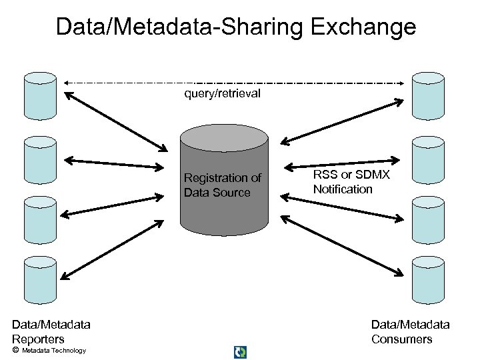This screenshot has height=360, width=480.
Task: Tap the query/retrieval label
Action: click(222, 93)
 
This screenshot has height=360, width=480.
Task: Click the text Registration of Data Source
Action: click(222, 185)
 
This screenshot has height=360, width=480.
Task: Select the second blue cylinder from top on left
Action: click(40, 160)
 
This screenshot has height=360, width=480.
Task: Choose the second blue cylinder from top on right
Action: click(428, 160)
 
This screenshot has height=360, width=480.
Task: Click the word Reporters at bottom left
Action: click(38, 339)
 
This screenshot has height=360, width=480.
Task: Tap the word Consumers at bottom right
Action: click(401, 339)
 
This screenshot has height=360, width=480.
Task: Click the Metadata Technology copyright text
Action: click(53, 351)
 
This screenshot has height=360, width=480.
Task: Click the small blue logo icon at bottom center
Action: click(240, 352)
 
